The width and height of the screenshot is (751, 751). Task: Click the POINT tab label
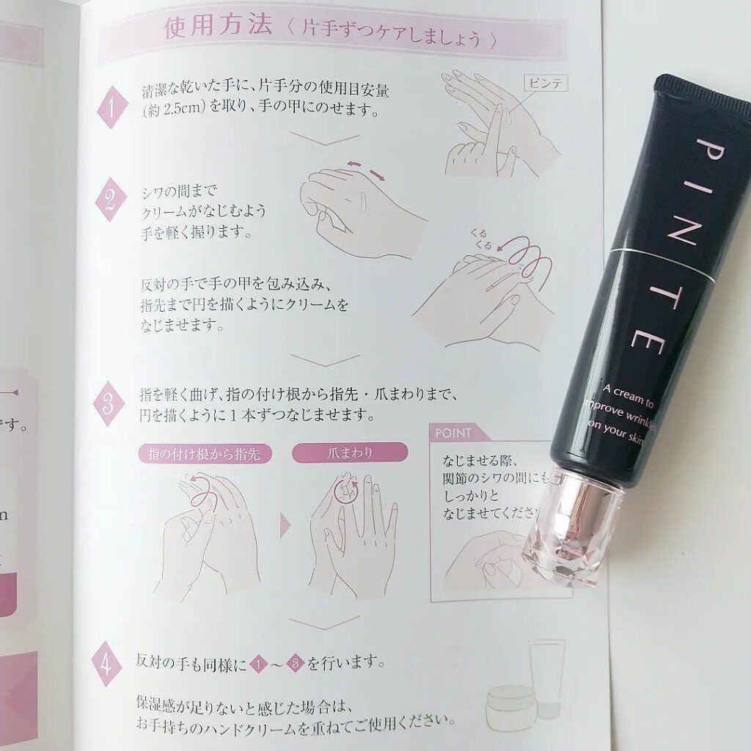pos(453,433)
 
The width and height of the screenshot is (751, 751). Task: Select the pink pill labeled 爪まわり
pos(349,453)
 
